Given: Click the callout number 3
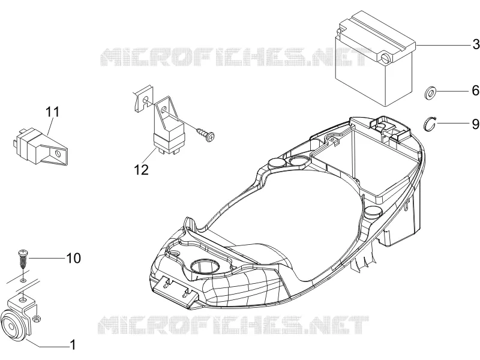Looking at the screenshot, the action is tap(476, 44).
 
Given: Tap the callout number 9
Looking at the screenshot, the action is tap(476, 124).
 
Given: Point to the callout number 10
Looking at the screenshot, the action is tap(73, 258).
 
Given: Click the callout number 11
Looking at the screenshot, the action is tap(52, 112).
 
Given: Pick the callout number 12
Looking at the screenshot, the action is tap(141, 170).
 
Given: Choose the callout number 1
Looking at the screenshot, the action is tap(73, 344).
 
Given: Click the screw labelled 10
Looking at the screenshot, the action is tap(23, 259).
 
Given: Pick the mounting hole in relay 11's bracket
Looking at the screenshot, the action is tap(58, 153).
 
